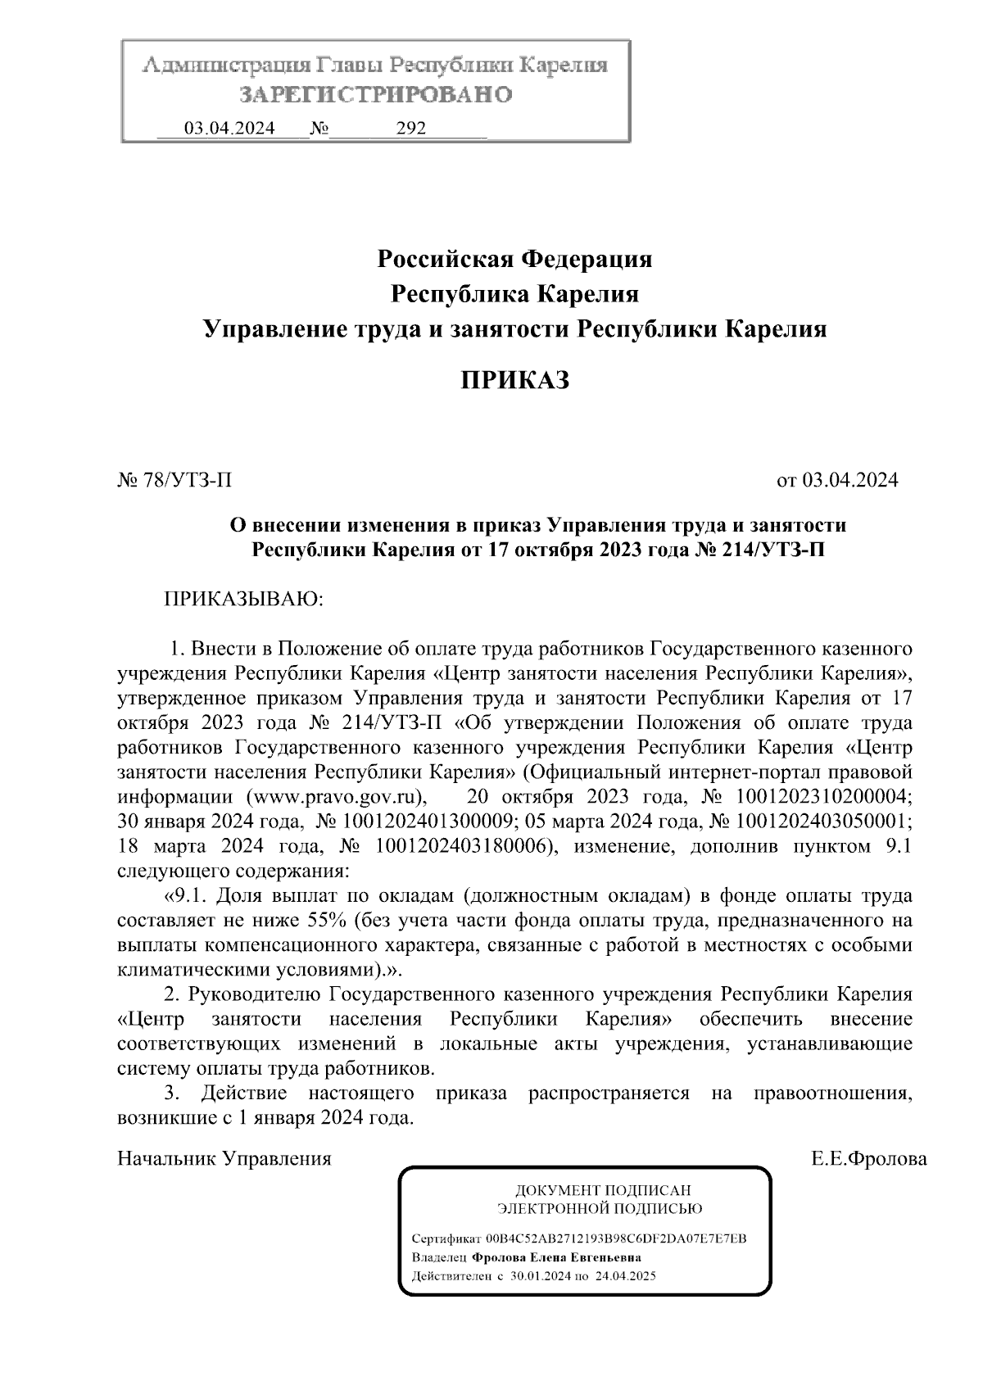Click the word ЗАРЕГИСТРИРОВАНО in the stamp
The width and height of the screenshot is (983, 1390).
[x=376, y=95]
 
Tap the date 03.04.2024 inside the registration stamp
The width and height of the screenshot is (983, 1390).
[x=229, y=129]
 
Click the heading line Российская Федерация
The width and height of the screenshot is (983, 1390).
[x=514, y=260]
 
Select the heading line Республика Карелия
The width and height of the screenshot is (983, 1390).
[x=514, y=293]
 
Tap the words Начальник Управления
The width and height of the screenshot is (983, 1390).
[x=224, y=1159]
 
